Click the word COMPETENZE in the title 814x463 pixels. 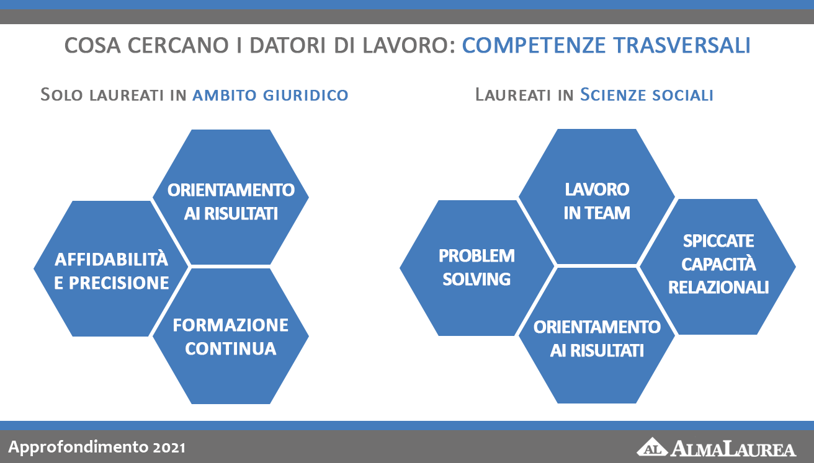coord(534,45)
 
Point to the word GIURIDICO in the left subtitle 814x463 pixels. coord(306,95)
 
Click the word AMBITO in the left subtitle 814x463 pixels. coord(225,95)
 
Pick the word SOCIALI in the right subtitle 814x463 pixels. coord(683,95)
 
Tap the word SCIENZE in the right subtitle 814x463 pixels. coord(613,94)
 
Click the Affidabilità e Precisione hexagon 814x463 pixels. coord(111,269)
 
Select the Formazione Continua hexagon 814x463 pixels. coord(231,337)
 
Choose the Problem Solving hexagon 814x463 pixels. coord(476,268)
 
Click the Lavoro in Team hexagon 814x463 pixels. coord(597,196)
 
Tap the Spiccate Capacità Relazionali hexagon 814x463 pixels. coord(718,267)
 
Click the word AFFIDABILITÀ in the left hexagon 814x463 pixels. coord(111,259)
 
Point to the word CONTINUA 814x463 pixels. coord(231,348)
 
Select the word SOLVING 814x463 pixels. coord(476,280)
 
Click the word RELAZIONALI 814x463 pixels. coord(718,287)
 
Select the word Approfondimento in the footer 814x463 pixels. coord(78,447)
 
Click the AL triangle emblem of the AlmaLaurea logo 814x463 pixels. coord(652,447)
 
